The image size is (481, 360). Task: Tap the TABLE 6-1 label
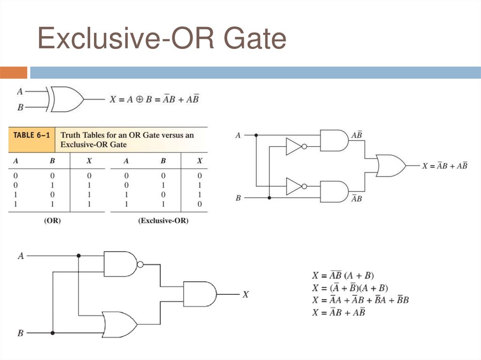click(x=31, y=135)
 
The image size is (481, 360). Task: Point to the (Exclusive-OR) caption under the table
click(x=163, y=220)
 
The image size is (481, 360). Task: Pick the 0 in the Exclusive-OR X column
click(x=200, y=204)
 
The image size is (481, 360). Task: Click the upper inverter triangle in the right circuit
click(x=294, y=146)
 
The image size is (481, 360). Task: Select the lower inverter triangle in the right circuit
click(x=294, y=186)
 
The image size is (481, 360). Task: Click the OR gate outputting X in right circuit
click(x=390, y=166)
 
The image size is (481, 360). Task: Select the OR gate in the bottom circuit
click(x=119, y=324)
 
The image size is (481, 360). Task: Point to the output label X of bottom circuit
click(x=245, y=295)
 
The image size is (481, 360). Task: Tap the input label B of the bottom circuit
click(x=20, y=333)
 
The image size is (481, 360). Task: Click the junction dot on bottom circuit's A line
click(x=78, y=256)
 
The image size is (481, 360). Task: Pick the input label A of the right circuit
click(x=238, y=135)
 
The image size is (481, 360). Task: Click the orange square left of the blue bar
click(x=14, y=73)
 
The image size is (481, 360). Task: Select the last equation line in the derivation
click(x=339, y=312)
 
